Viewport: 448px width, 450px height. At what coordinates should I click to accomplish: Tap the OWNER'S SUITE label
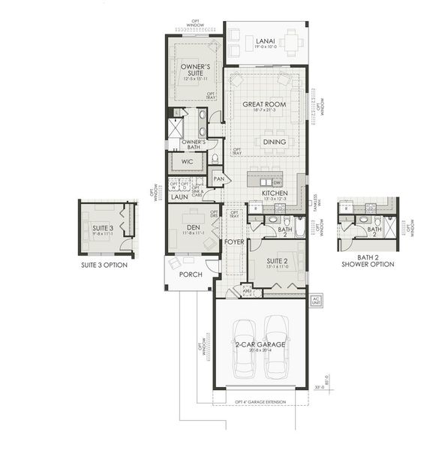pos(194,71)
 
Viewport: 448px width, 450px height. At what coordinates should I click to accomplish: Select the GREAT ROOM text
pos(266,104)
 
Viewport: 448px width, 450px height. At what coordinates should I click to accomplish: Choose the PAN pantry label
pos(219,178)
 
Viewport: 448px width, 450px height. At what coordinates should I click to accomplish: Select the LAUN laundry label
pos(179,197)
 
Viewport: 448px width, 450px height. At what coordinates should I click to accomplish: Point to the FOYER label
pos(233,243)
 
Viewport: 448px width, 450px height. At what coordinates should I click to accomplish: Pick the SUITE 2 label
pos(279,262)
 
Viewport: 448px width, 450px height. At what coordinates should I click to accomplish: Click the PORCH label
pos(191,274)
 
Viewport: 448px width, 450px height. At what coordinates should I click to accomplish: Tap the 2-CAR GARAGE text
pos(259,343)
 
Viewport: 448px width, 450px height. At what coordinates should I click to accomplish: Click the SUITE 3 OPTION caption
pos(104,265)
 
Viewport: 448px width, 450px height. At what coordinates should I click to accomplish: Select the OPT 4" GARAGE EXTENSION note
pos(259,403)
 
